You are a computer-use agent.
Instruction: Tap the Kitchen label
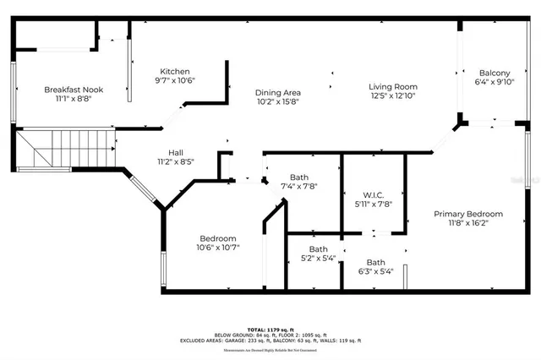coord(176,72)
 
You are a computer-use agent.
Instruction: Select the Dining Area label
coord(278,92)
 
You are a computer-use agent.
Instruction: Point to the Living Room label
coord(395,86)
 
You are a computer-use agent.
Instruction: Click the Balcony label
coord(495,73)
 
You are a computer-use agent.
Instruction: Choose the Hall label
coord(175,152)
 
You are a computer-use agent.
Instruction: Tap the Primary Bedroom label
coord(467,214)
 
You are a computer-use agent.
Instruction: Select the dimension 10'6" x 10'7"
coord(218,248)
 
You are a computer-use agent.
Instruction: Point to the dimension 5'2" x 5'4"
coord(318,259)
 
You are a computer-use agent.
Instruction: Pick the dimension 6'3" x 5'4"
coord(375,272)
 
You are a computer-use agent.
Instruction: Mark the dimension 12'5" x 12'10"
coord(395,95)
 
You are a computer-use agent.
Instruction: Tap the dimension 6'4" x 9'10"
coord(495,82)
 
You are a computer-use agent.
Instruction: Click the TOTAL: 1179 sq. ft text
coord(270,329)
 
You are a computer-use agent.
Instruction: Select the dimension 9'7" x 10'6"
coord(176,81)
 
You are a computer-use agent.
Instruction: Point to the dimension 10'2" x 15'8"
coord(278,101)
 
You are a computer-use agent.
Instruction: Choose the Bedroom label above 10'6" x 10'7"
coord(218,238)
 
